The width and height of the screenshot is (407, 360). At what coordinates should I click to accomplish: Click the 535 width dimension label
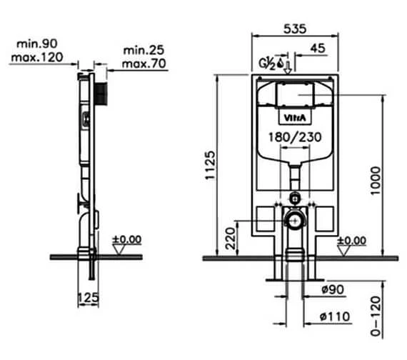(295, 29)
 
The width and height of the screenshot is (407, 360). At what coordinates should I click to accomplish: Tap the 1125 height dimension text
(210, 165)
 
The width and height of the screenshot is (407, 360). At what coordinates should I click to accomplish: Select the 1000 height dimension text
(376, 181)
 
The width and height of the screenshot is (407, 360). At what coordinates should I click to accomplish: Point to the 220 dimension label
(230, 239)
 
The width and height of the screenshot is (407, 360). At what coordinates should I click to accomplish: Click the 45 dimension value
(318, 49)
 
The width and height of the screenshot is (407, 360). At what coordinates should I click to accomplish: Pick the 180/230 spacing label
(295, 137)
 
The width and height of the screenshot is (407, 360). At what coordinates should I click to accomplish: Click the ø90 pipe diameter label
(333, 289)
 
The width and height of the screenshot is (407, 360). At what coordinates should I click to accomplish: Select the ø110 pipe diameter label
(335, 316)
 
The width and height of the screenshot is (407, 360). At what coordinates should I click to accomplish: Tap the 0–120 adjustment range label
(376, 316)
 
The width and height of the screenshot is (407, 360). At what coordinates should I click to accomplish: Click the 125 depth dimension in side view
(89, 297)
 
